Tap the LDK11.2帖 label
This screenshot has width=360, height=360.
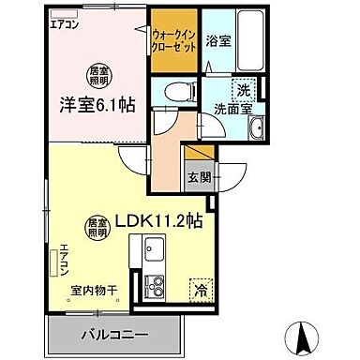[x=166, y=223]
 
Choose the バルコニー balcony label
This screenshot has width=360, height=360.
[x=113, y=335]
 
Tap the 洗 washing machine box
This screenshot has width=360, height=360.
[x=243, y=90]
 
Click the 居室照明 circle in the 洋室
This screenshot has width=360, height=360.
[x=96, y=73]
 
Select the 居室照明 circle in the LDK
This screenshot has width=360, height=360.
[x=97, y=225]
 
